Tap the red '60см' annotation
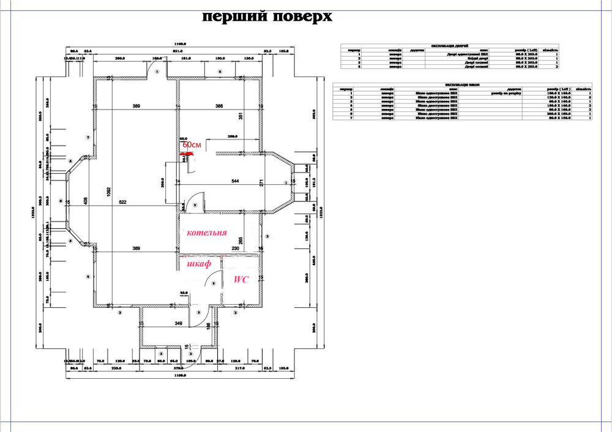pos(192,144)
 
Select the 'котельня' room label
pos(207,233)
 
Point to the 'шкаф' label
pos(200,264)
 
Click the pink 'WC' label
pos(241,279)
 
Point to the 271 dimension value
pos(260,183)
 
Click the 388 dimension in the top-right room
pos(218,106)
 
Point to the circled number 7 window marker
pos(89,138)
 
